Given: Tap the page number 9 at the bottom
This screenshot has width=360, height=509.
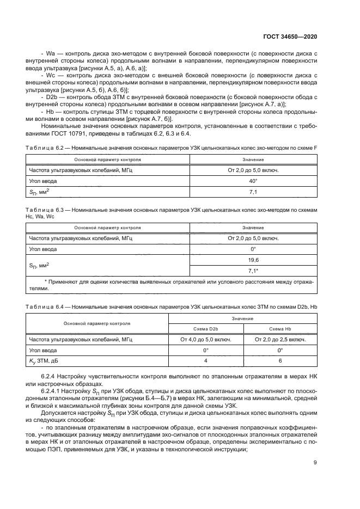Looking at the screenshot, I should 315,463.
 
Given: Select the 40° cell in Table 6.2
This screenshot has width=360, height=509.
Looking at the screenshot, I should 253,180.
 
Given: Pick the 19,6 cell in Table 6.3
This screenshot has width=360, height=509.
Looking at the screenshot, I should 253,260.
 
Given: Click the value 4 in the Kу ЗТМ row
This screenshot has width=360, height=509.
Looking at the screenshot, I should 205,360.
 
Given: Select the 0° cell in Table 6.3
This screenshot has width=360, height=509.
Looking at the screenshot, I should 253,249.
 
